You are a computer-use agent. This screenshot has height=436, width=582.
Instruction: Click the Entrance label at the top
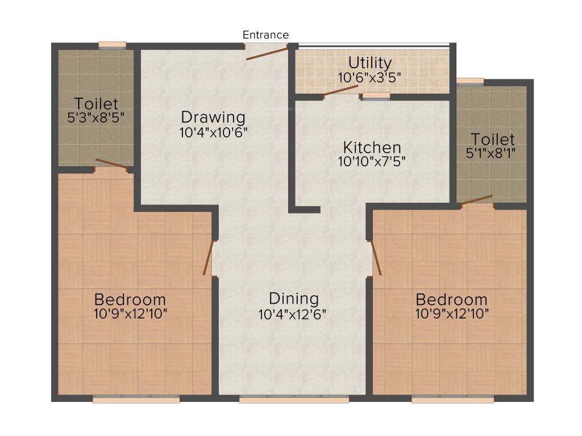(x=265, y=35)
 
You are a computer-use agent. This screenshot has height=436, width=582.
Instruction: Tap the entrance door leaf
(x=267, y=52)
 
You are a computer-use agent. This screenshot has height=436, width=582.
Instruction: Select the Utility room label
(x=369, y=62)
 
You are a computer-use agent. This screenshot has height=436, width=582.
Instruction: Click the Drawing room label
(x=213, y=118)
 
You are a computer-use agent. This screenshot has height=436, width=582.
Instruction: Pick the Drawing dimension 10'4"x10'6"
(x=213, y=132)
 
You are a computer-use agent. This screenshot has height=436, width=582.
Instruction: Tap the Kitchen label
(x=372, y=148)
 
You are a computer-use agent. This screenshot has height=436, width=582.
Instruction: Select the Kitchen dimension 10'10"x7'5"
(x=372, y=161)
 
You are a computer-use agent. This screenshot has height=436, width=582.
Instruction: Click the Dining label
(x=293, y=299)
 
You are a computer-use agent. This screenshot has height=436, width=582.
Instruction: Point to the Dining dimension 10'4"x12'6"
(x=293, y=313)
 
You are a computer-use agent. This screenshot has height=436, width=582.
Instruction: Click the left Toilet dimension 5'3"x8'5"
(x=95, y=118)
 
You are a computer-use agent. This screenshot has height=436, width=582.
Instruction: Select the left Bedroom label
(x=130, y=299)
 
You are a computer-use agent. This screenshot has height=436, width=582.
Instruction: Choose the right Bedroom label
(x=451, y=299)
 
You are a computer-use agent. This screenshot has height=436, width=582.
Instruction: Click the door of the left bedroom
(x=208, y=258)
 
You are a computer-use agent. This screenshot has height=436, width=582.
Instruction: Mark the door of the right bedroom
(x=375, y=258)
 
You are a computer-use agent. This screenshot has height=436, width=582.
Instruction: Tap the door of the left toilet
(x=111, y=164)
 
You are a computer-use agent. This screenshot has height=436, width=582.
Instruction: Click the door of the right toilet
(x=476, y=199)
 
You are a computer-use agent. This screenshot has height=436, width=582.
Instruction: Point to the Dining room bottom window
(x=294, y=400)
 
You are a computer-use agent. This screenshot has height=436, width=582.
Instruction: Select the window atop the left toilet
(x=111, y=46)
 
